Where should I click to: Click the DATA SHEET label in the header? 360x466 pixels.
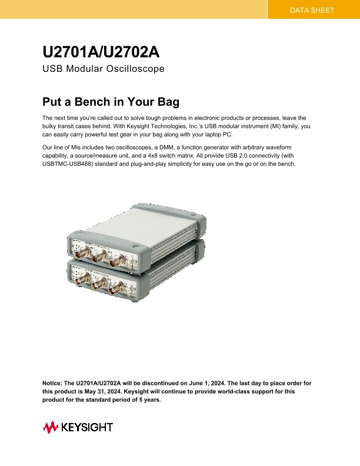(312, 11)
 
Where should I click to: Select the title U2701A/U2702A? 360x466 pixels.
(101, 52)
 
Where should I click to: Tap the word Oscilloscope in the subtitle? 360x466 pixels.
(137, 69)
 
